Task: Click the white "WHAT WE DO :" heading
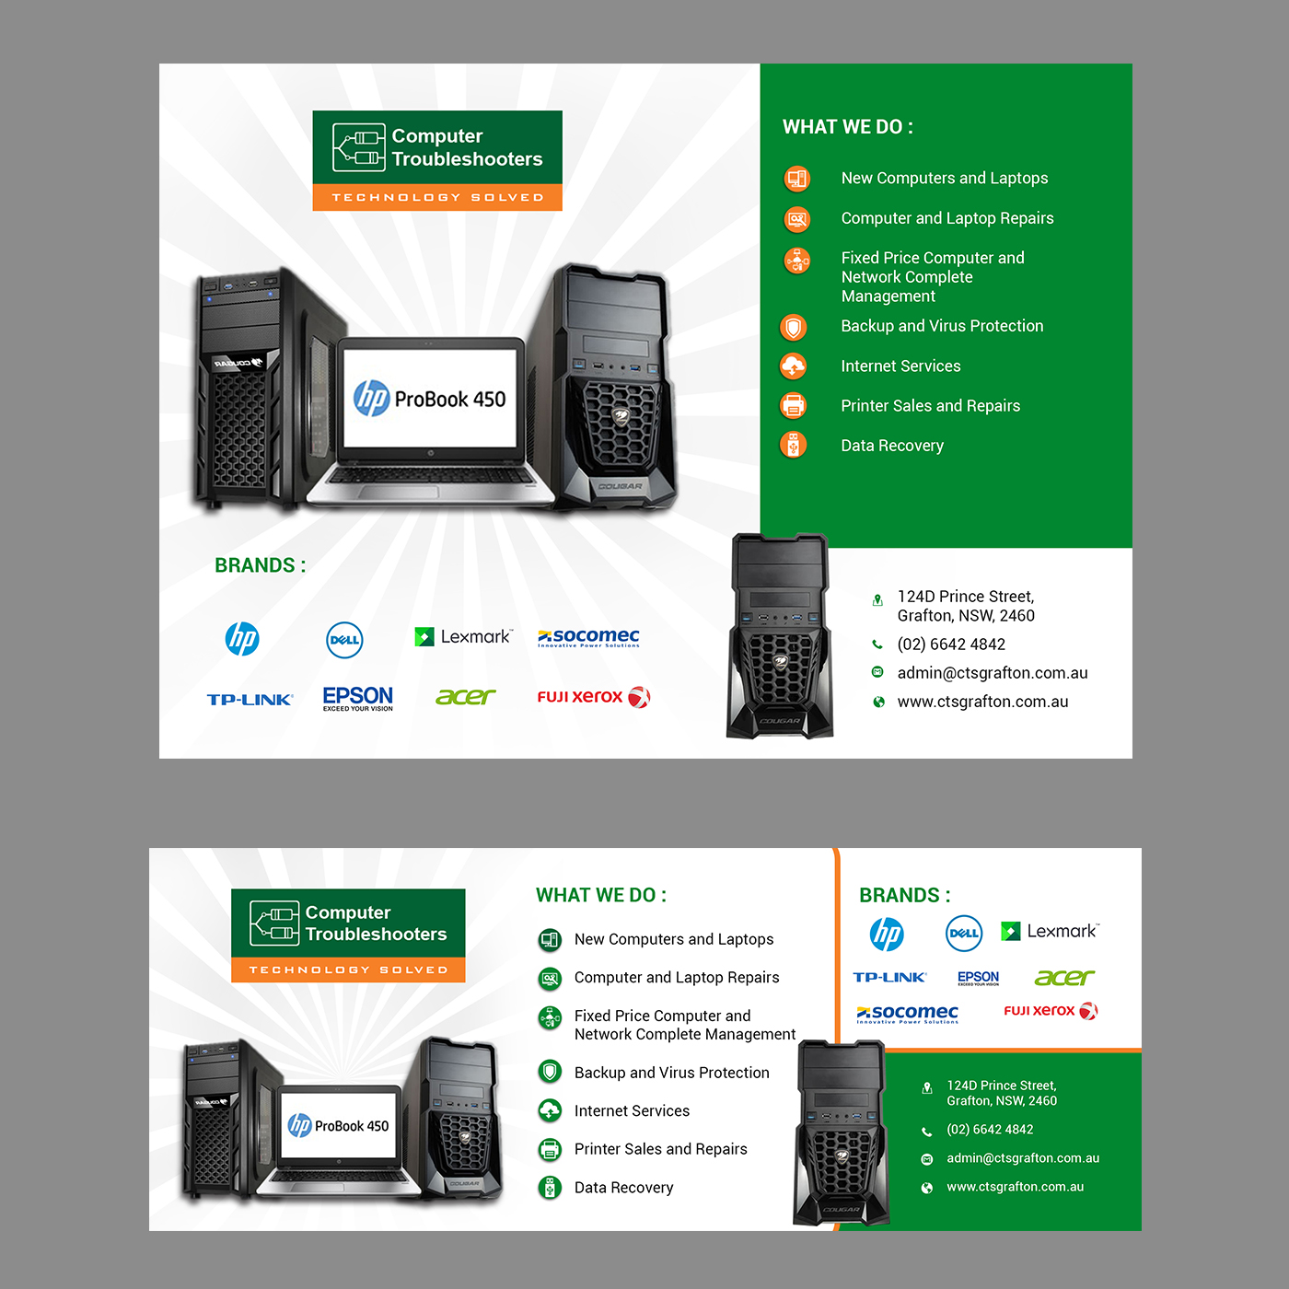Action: (847, 127)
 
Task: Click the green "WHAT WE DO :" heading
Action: (600, 895)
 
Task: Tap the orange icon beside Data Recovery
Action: (793, 445)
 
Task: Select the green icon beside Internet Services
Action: (550, 1110)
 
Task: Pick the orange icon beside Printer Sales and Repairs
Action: (793, 405)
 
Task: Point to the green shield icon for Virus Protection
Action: (550, 1072)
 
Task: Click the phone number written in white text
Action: (990, 1130)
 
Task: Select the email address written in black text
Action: (993, 673)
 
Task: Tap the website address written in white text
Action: (1015, 1187)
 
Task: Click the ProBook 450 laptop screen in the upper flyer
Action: (430, 398)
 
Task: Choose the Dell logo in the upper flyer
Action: (344, 640)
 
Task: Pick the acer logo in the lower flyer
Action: (1064, 978)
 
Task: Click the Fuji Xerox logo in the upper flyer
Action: (593, 697)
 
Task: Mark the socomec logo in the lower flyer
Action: (907, 1014)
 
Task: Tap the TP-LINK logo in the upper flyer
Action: (250, 700)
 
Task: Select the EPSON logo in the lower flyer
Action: (978, 978)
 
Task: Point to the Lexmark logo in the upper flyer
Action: (463, 636)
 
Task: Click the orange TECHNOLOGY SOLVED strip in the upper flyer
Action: (437, 197)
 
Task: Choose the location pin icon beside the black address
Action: (877, 600)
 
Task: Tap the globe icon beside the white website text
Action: (927, 1188)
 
